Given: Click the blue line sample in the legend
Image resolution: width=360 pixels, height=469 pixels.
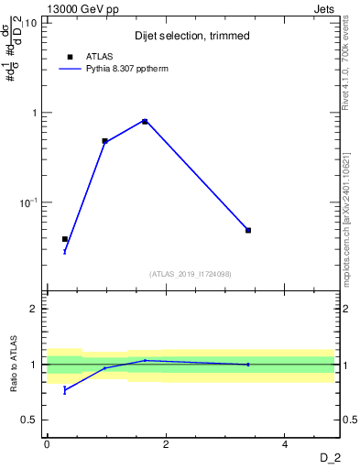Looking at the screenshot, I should click(x=70, y=69).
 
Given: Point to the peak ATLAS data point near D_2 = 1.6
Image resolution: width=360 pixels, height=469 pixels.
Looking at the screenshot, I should click(x=145, y=121).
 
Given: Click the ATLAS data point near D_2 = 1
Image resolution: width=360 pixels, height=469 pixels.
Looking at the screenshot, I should click(x=105, y=141).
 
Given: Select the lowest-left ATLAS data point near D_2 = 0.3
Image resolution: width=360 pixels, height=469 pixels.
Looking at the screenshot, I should click(x=65, y=239).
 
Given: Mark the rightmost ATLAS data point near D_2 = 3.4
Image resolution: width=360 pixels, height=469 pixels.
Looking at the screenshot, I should click(x=248, y=230).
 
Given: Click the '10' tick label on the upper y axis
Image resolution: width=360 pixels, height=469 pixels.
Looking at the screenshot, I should click(x=31, y=23).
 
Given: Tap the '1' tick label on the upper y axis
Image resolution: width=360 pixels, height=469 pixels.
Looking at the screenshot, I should click(x=35, y=114).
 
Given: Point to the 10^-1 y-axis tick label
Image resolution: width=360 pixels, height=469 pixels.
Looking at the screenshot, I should click(x=27, y=202).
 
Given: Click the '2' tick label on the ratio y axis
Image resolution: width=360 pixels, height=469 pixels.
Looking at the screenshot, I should click(x=35, y=309).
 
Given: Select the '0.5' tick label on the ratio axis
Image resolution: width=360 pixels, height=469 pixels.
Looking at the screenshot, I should click(x=29, y=420).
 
